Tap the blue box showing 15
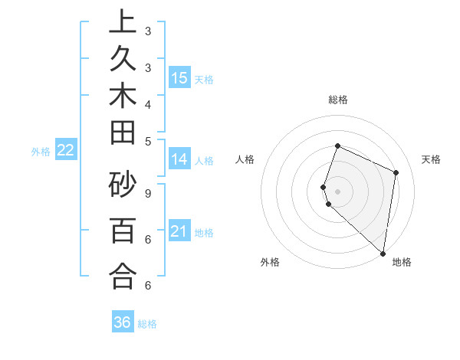[x=179, y=78]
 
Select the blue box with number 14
[x=179, y=159]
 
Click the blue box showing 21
[x=179, y=231]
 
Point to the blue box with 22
[x=65, y=151]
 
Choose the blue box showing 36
[x=123, y=322]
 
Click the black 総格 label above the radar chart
[x=338, y=100]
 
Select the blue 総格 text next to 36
[x=147, y=324]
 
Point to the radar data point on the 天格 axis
[x=396, y=172]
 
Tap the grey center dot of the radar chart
[x=338, y=191]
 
